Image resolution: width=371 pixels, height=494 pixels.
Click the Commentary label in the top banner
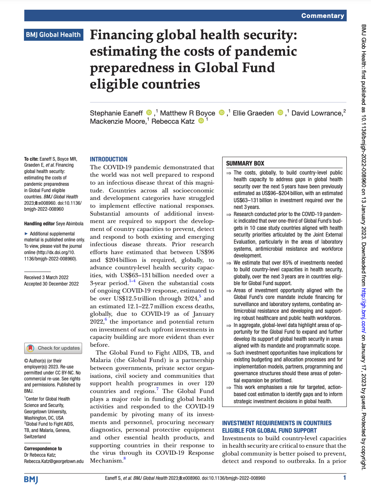(x=322, y=16)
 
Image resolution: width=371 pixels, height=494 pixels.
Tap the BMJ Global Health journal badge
(x=53, y=35)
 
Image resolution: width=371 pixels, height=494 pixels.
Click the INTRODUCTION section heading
(x=108, y=159)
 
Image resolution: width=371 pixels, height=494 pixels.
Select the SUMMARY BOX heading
(x=245, y=163)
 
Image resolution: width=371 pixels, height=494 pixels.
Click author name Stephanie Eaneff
(x=116, y=113)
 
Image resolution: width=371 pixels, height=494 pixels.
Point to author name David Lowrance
(x=317, y=113)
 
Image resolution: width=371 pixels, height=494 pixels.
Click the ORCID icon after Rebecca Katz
(x=201, y=121)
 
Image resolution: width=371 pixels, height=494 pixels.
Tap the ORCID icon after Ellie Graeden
(x=280, y=113)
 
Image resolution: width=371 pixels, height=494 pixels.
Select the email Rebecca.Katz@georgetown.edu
(x=54, y=461)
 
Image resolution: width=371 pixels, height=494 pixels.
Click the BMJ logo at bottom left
(x=31, y=479)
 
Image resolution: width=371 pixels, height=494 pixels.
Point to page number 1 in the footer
(x=344, y=478)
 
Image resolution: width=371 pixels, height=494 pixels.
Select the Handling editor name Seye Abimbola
(x=70, y=223)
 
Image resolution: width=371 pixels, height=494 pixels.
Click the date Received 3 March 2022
(x=46, y=277)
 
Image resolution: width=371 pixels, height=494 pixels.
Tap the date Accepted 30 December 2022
(x=52, y=284)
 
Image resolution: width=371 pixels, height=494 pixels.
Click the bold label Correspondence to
(x=43, y=448)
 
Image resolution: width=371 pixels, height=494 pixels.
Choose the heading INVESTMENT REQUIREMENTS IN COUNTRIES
(x=277, y=423)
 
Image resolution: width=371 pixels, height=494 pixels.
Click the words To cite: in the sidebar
(x=31, y=159)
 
